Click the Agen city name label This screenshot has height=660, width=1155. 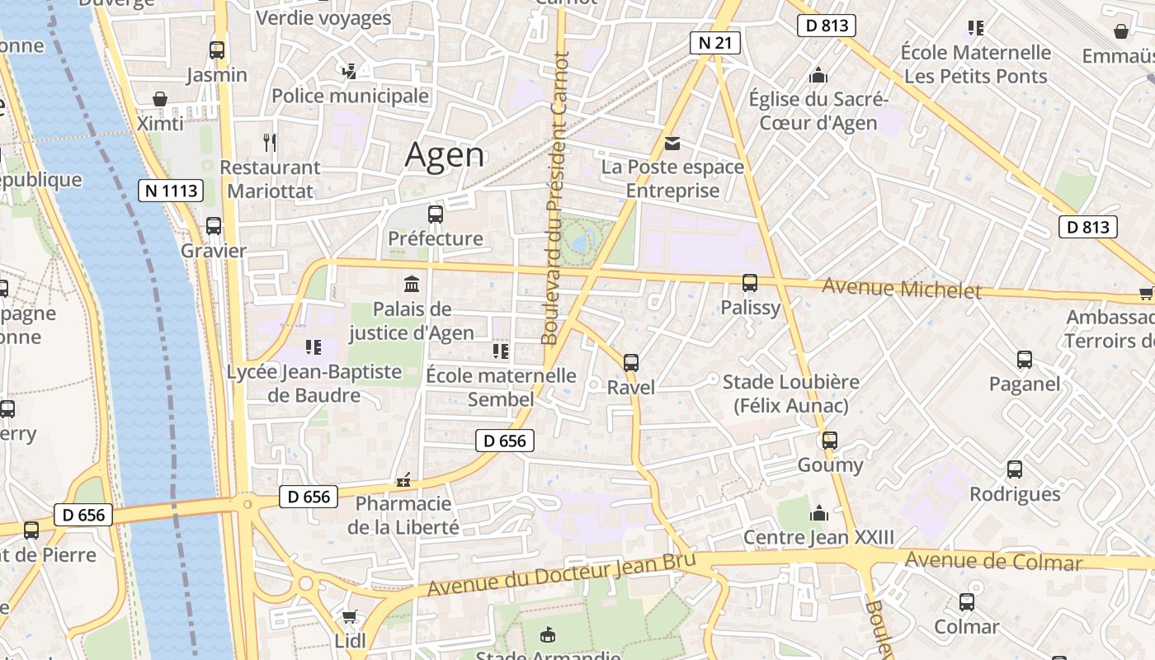[445, 155]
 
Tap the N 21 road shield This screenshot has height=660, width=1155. [714, 43]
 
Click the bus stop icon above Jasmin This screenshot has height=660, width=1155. [217, 50]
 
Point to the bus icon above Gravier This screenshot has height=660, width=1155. [214, 226]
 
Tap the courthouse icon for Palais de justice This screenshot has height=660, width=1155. [411, 285]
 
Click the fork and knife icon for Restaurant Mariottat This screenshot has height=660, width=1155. [270, 142]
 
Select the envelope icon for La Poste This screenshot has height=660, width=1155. [673, 144]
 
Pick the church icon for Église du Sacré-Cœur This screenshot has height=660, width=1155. [818, 76]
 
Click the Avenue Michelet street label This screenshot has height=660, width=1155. [902, 289]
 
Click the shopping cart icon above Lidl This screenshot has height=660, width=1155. [350, 616]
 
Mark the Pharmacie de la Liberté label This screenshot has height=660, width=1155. [403, 515]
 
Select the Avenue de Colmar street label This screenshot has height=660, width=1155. [993, 562]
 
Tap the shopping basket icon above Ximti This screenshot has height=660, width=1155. [160, 99]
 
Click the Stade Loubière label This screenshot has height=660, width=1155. [790, 394]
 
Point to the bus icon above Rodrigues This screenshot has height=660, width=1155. [1015, 469]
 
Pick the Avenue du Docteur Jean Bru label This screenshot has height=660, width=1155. [562, 576]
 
